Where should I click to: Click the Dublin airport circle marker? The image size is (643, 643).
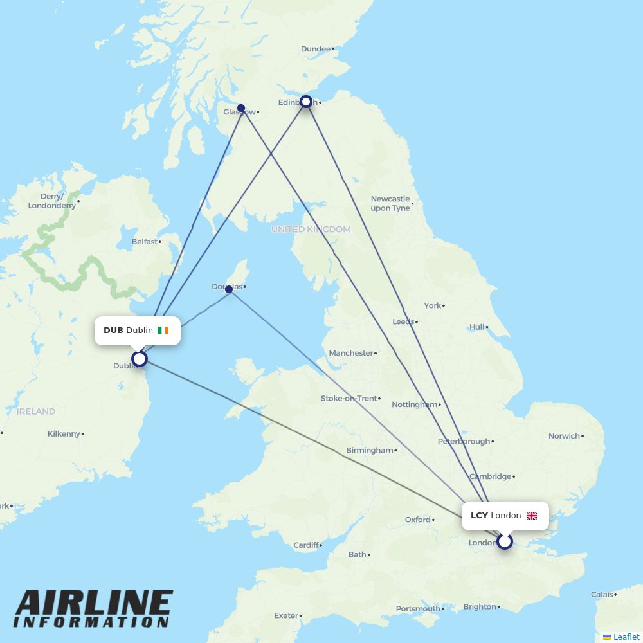pos(140,358)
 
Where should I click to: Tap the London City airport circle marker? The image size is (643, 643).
pos(505,541)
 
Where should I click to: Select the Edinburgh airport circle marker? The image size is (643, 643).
pos(307,102)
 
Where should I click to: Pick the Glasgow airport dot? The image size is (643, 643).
pos(241,108)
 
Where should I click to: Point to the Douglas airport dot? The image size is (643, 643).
pos(229,289)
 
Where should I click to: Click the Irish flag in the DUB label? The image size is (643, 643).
pos(163,331)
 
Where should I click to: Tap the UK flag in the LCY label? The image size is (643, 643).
pos(532,516)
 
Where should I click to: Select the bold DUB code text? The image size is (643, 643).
pos(113,331)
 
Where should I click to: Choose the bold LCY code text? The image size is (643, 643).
pos(479,516)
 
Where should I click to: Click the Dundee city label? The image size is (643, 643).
pos(315,49)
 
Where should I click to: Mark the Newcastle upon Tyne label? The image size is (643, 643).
pos(390,203)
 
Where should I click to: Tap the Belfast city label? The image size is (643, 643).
pos(144,242)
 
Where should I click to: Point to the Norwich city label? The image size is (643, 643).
pos(564,436)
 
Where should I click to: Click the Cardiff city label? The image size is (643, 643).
pos(305,545)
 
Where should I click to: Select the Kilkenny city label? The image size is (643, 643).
pos(64,434)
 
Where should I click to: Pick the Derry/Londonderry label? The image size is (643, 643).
pos(51,201)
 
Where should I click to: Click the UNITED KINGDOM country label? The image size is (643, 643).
pos(311,230)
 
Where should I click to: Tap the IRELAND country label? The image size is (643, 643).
pos(36,412)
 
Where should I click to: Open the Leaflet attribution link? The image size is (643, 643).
pos(626,637)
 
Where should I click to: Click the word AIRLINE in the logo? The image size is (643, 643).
pos(94,604)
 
